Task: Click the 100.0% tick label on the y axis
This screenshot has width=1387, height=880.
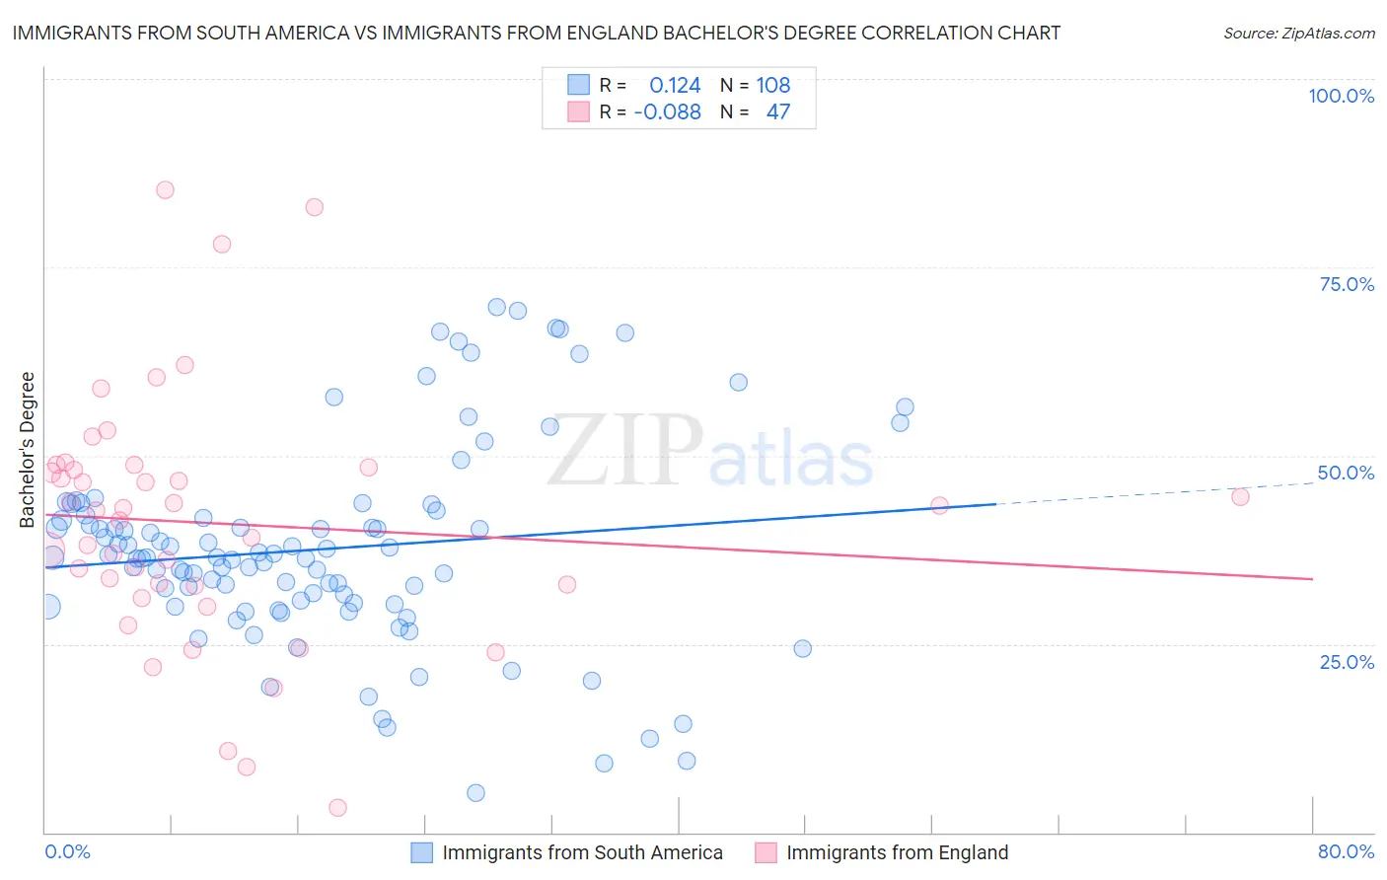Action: [1341, 96]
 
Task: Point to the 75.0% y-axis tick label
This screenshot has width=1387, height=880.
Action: [1347, 284]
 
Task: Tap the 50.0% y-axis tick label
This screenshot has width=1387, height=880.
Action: [1346, 473]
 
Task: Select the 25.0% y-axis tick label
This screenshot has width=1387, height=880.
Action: [1347, 662]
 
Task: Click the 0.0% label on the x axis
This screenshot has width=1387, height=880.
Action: [67, 851]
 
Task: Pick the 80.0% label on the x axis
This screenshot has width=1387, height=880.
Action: [1346, 851]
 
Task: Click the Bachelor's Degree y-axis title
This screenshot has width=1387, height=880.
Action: [28, 450]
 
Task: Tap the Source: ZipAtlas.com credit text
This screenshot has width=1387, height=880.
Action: [1298, 34]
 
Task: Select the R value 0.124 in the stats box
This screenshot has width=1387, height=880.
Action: [675, 86]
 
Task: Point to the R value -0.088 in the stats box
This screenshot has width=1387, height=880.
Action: [667, 112]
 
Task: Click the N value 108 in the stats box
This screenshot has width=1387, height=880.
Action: [773, 86]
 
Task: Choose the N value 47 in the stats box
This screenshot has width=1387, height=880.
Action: [778, 112]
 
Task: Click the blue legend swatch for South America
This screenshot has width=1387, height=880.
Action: [421, 852]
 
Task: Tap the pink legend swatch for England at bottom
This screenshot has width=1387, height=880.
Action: [766, 852]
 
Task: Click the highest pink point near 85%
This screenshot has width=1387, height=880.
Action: [165, 190]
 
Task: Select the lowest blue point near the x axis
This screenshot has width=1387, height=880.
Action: [475, 793]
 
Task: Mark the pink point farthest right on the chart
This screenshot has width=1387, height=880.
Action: [1240, 497]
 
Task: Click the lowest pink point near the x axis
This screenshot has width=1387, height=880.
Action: [337, 808]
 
